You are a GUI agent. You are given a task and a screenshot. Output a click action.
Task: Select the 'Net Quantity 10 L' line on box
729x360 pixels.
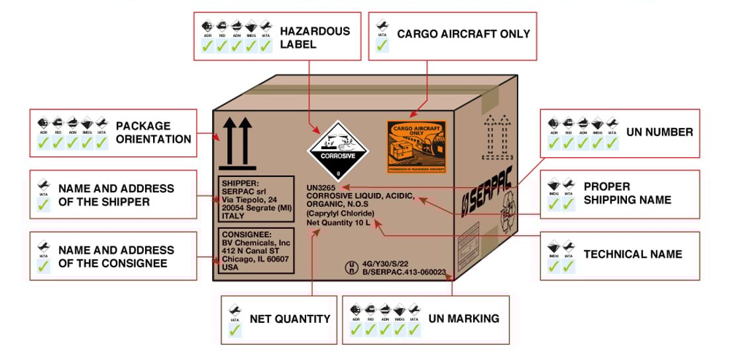tap(337, 223)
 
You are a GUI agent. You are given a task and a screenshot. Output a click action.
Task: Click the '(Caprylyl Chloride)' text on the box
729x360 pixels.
tap(340, 213)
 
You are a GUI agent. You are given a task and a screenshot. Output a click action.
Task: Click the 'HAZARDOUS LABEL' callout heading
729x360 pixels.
tap(315, 38)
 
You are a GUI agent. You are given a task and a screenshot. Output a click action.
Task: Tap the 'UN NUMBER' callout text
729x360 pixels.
tap(659, 132)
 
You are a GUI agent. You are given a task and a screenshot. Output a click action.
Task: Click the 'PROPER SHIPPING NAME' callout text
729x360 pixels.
tap(627, 193)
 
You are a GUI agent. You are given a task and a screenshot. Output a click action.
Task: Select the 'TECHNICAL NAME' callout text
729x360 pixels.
tap(632, 254)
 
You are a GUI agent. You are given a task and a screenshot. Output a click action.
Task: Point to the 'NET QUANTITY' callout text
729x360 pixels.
tap(290, 319)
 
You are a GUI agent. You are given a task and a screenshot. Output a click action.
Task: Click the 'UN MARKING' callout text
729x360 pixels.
tap(464, 319)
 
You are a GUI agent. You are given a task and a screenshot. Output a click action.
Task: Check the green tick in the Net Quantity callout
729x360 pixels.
tap(234, 330)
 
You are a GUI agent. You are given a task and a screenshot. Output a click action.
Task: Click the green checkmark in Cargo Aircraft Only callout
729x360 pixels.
tap(382, 46)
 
